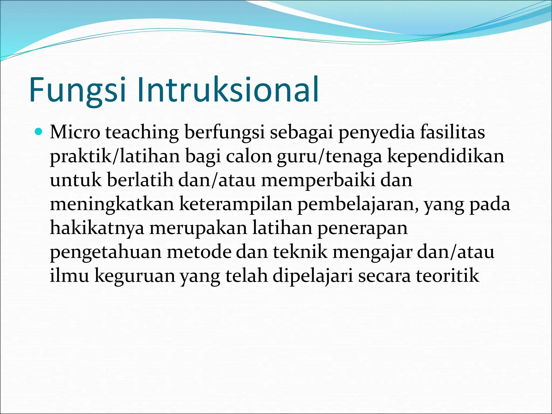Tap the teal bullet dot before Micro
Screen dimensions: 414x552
[x=39, y=132]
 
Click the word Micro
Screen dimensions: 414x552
[x=75, y=133]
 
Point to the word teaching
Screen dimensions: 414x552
[x=142, y=133]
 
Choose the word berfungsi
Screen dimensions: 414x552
[x=225, y=133]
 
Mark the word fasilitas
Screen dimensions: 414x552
[x=453, y=133]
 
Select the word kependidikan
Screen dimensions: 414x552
[x=446, y=157]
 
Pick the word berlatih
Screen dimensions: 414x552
[x=140, y=180]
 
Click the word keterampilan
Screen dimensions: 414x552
[x=236, y=204]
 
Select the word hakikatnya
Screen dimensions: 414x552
[x=97, y=228]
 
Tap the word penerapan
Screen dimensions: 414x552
[x=362, y=228]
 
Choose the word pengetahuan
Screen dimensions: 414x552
[x=106, y=252]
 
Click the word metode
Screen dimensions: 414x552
[x=199, y=252]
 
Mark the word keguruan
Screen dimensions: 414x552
[x=135, y=276]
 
